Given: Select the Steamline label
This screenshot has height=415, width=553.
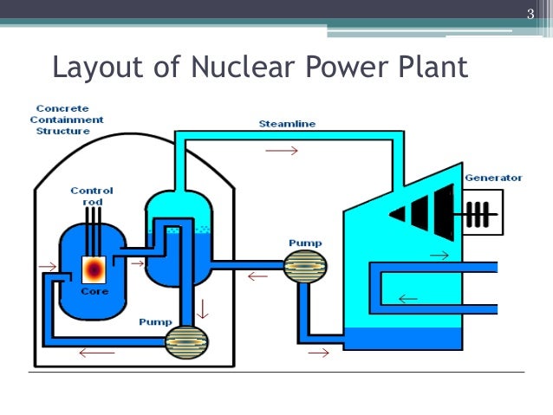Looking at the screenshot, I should click(x=287, y=124).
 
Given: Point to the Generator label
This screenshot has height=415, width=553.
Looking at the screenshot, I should click(x=493, y=178).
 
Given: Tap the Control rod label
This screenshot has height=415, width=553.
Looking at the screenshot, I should click(x=92, y=196).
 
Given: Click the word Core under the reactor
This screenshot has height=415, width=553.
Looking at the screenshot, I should click(x=94, y=292).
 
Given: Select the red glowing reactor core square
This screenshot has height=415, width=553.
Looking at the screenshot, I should click(x=94, y=269).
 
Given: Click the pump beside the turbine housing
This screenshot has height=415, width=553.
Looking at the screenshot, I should click(x=305, y=266).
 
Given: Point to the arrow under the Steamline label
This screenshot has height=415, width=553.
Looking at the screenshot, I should click(x=281, y=150).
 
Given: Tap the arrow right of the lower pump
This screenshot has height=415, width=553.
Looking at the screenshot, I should click(x=318, y=353).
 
